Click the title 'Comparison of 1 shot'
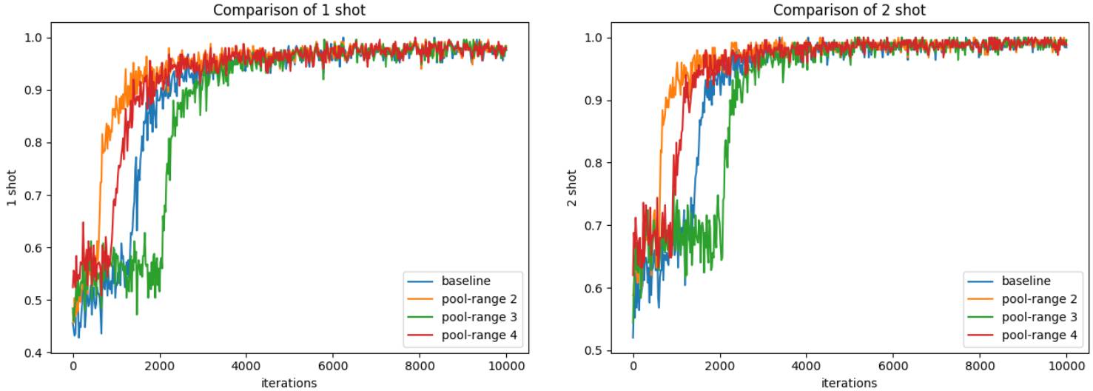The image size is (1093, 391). (x=289, y=10)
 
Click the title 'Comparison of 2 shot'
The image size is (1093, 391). (x=850, y=10)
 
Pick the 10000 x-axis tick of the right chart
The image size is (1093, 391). (x=1066, y=367)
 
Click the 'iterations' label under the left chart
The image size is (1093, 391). (x=289, y=382)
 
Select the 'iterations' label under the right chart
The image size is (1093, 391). (x=850, y=382)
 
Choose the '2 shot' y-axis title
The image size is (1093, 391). (x=572, y=188)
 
